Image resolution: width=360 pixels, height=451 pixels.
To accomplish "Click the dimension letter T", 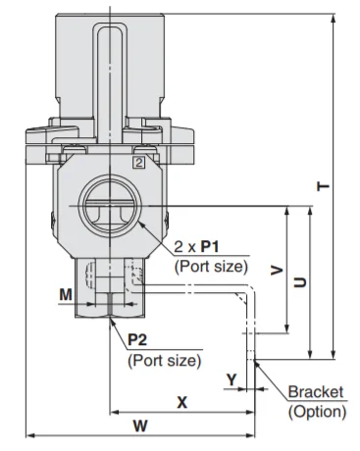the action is coord(324,186).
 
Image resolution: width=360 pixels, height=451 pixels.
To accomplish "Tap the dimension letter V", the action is coord(277,271).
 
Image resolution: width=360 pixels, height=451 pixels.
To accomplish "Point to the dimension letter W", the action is coord(140,426).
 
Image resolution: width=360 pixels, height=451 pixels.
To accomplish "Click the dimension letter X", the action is coord(182,402).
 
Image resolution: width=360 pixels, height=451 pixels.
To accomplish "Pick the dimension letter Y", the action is coord(231,379).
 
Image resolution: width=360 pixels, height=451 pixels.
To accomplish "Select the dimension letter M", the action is coord(66,295).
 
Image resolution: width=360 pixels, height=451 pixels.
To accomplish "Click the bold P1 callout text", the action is coord(210,246).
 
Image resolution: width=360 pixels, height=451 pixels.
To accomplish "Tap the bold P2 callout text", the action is coord(137,340).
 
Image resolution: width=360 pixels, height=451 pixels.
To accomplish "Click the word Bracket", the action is coord(316,391).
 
